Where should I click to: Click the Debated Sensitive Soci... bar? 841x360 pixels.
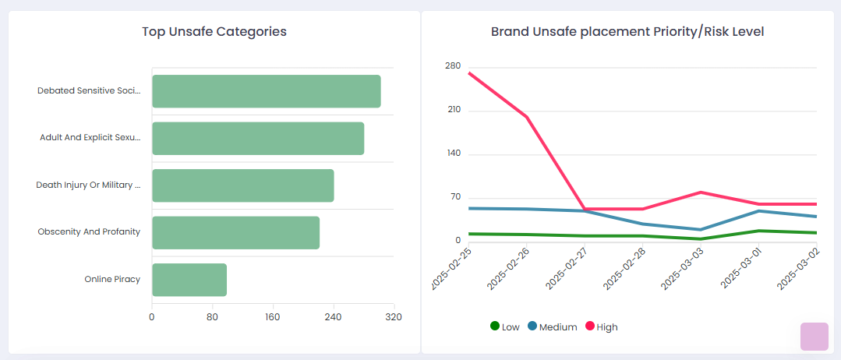[x=266, y=91]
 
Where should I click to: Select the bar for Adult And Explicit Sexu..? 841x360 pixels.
[x=257, y=138]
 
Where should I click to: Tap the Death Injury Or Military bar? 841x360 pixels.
[x=242, y=185]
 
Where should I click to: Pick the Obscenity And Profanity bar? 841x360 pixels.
[x=235, y=232]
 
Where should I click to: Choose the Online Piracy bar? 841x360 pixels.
[x=189, y=280]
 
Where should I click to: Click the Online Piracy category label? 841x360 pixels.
[x=112, y=279]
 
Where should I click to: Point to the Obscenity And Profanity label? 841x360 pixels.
[x=89, y=232]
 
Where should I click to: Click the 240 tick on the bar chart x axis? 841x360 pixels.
[x=333, y=317]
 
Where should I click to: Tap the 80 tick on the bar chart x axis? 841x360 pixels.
[x=212, y=317]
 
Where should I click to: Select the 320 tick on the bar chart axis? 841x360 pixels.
[x=393, y=317]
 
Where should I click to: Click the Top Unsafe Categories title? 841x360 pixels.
[x=214, y=32]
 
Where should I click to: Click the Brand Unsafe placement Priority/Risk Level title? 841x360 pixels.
[x=627, y=32]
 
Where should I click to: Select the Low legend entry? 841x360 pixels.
[x=505, y=326]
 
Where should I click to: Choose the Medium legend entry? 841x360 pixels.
[x=553, y=326]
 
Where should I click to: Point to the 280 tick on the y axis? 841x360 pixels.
[x=453, y=66]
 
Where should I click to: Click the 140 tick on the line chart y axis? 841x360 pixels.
[x=453, y=154]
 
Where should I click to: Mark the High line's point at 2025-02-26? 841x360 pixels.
[x=527, y=117]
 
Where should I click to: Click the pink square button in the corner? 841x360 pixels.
[x=814, y=337]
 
